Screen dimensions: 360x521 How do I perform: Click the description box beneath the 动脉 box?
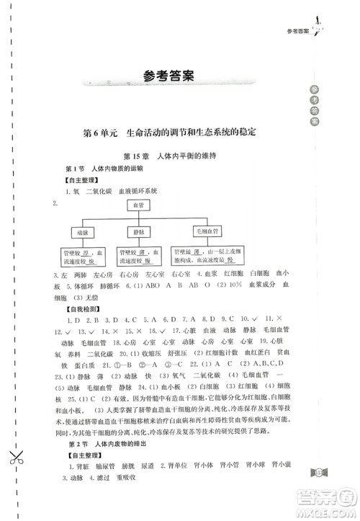81,257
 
